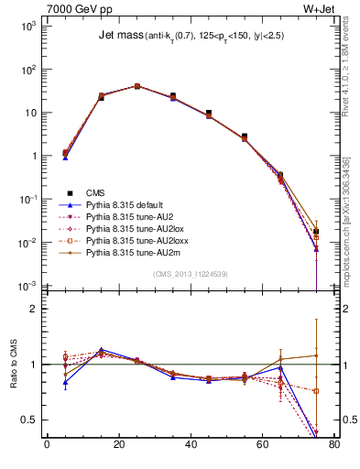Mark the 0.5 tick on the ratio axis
pos(34,420)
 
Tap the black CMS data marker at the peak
pos(137,86)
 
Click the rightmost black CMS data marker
pos(316,232)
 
